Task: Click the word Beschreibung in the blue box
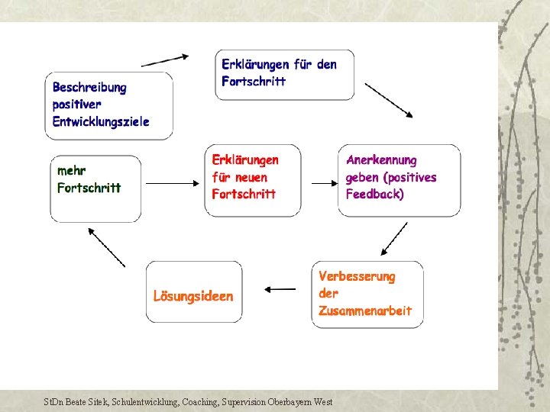[x=89, y=88]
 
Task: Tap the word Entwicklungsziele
[x=101, y=121]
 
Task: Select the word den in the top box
[x=326, y=64]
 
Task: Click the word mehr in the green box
[x=72, y=170]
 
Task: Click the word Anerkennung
[x=381, y=160]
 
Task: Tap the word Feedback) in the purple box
[x=375, y=194]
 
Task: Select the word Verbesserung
[x=357, y=276]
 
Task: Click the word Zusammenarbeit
[x=365, y=311]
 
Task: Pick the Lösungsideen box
[x=194, y=296]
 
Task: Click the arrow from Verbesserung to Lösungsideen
[x=279, y=289]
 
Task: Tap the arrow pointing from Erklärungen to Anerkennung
[x=323, y=183]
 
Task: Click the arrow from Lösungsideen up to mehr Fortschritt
[x=106, y=246]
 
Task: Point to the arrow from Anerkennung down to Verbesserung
[x=394, y=239]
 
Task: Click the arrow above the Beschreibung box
[x=165, y=60]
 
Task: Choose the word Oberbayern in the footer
[x=291, y=401]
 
